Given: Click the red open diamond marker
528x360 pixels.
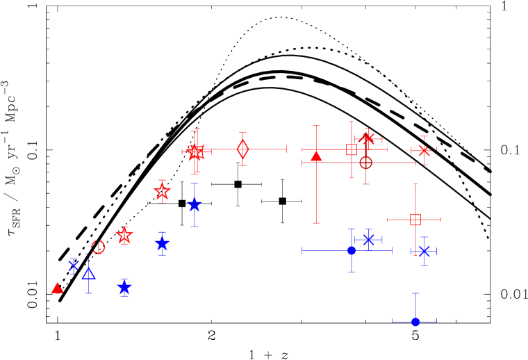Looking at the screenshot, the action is tap(242, 149).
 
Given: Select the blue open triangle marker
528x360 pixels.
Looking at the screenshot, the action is tap(88, 273).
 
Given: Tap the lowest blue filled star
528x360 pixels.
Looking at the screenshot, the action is tap(124, 286).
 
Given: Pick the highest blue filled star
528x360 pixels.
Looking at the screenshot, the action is tap(195, 205).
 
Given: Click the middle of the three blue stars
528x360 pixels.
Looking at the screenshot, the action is tap(162, 243).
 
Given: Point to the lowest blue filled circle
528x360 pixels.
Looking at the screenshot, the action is tap(415, 321).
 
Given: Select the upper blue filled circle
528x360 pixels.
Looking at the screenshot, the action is tap(352, 250).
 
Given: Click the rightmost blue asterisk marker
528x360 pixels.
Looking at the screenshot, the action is tap(424, 251).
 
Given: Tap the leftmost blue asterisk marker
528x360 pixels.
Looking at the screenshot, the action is tap(73, 265).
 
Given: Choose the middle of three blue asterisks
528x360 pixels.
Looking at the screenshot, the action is tap(368, 240).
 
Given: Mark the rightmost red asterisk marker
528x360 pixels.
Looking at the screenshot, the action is tap(424, 150).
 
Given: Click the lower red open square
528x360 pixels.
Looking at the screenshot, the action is tap(415, 220).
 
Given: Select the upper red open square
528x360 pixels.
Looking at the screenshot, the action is tap(352, 149).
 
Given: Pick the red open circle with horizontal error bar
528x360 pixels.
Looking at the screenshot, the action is tap(365, 163).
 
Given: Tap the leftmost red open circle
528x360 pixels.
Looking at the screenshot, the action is tap(98, 247).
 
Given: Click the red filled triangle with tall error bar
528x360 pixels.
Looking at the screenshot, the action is tap(316, 156).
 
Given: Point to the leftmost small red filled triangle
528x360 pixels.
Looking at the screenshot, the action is tap(57, 288).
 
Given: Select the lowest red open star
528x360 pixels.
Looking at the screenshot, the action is tap(124, 236).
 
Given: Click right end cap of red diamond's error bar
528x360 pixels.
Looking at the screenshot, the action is tap(286, 149).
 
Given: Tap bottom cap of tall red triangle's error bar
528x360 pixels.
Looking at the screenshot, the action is tap(316, 223).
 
